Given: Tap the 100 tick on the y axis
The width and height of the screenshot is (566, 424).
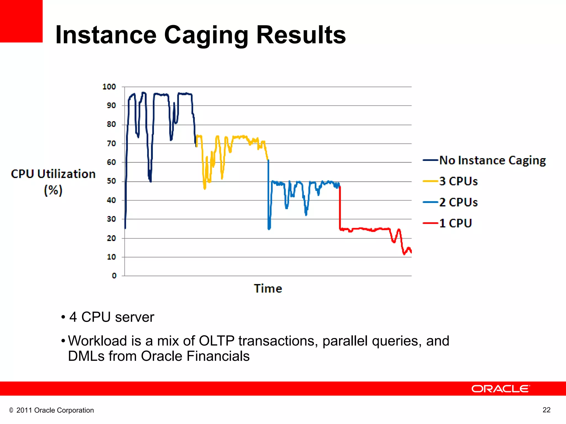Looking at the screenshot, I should (109, 87).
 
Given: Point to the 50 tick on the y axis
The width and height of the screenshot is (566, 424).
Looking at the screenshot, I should (111, 181).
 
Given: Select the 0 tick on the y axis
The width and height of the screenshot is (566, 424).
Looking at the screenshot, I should (114, 275).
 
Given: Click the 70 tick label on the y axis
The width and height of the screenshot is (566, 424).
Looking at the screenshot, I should (111, 144).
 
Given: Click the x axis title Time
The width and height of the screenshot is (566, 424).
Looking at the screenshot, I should (268, 288).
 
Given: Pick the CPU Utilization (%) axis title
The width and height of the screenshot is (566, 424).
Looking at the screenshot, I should (53, 182).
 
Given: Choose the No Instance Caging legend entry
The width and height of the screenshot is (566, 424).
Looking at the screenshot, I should (484, 160).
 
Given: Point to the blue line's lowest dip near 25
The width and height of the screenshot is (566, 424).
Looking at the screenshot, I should (269, 227).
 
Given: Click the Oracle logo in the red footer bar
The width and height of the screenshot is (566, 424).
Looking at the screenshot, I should (501, 389).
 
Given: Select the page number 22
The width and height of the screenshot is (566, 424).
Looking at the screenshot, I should (546, 410).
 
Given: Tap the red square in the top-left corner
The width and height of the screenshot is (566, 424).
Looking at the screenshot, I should (21, 21).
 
